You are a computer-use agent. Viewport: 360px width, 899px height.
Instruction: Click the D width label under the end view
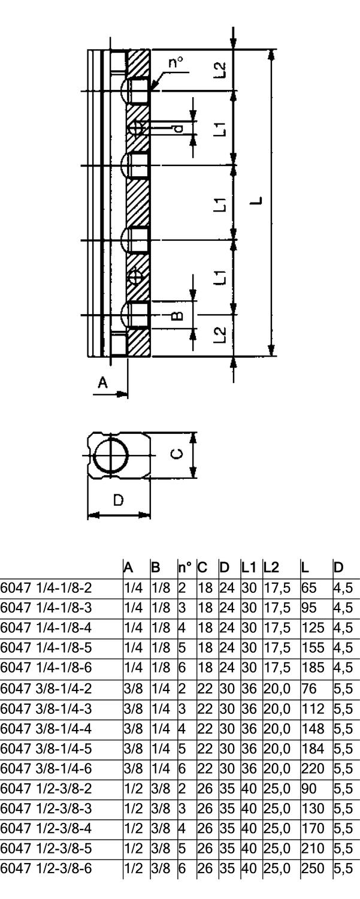119,501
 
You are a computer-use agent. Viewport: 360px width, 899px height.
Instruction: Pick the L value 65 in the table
306,586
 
